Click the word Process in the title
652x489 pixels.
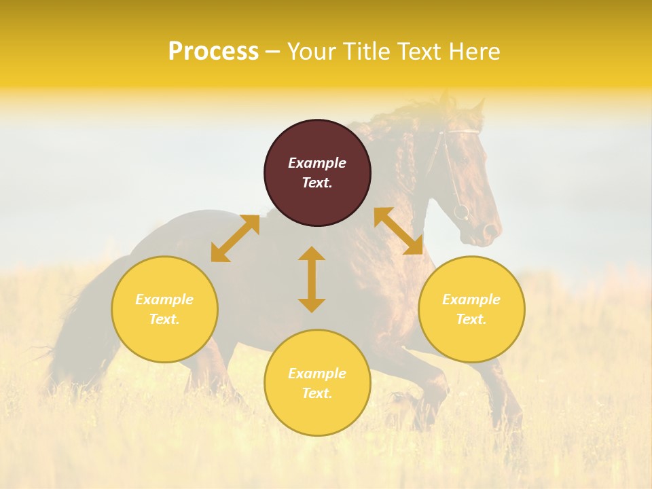click(x=213, y=52)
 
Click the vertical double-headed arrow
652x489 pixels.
click(x=312, y=279)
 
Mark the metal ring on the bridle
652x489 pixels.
click(x=461, y=212)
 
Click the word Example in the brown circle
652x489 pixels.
click(x=317, y=163)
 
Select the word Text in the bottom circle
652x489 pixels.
click(x=317, y=393)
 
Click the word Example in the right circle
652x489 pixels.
click(x=471, y=300)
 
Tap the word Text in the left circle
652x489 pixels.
click(x=164, y=319)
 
